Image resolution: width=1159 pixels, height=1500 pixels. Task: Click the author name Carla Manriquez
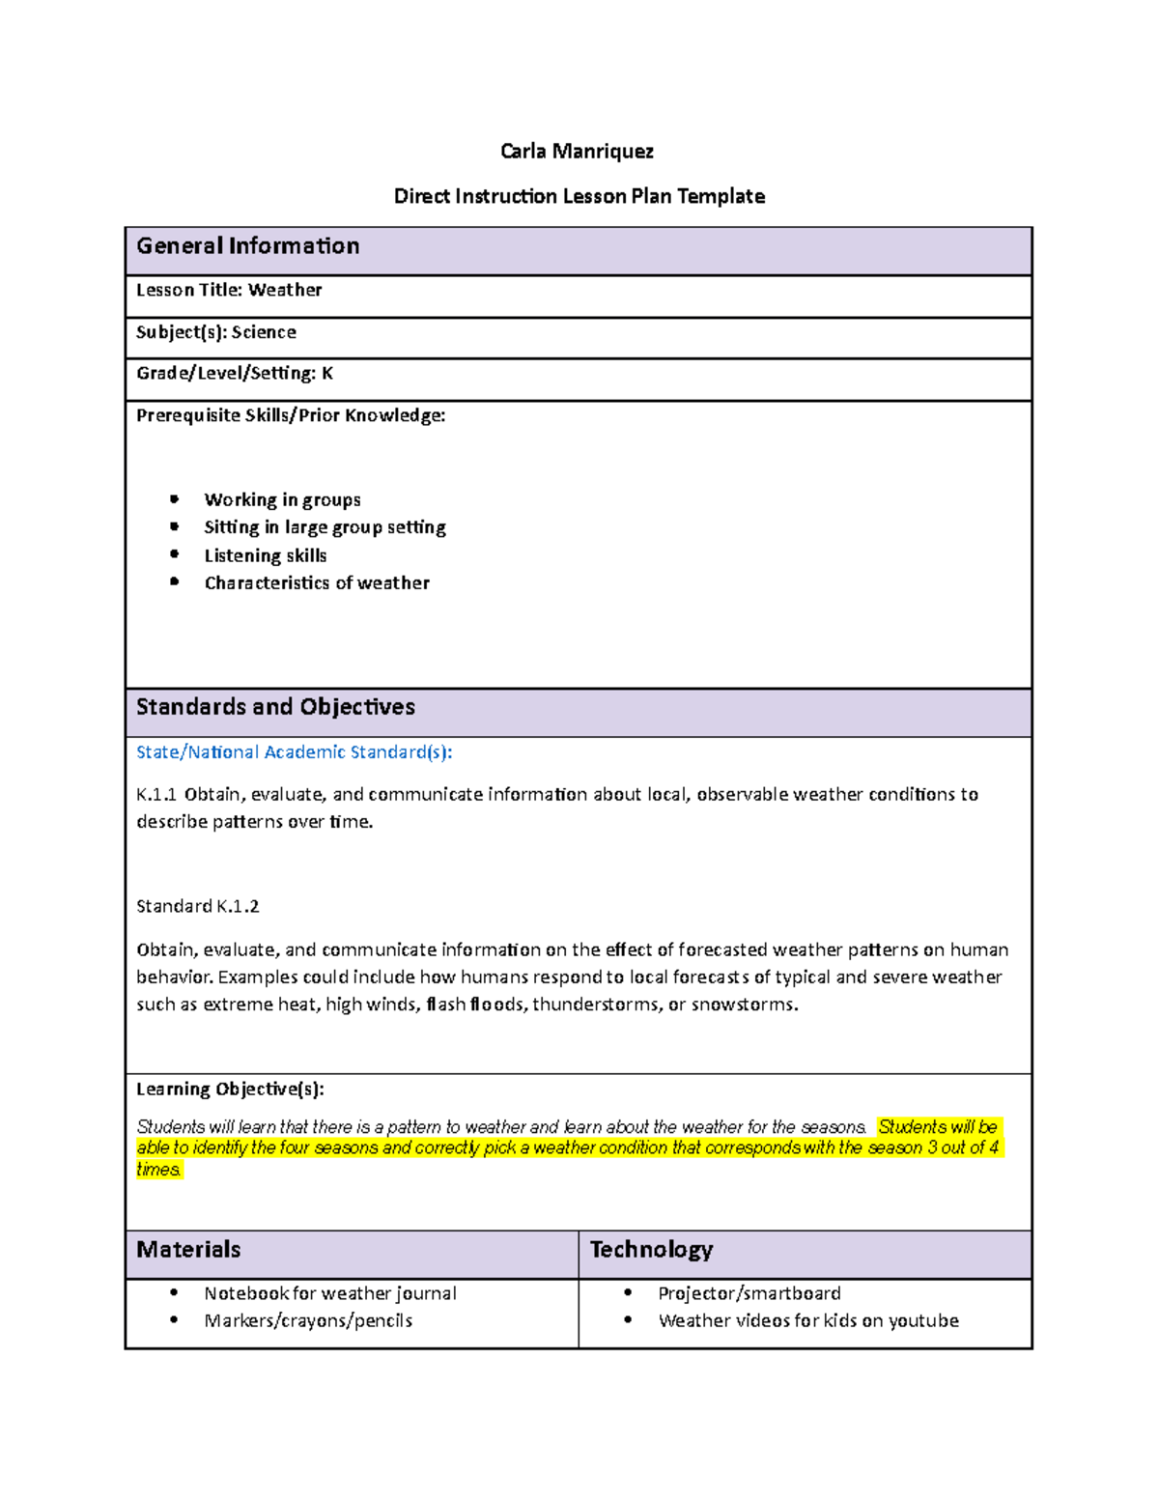tap(577, 152)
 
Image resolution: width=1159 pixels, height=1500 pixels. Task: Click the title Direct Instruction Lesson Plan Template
tap(579, 197)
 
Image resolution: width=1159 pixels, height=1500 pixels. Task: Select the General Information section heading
tap(248, 246)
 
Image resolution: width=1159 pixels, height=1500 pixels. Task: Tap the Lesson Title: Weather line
tap(229, 290)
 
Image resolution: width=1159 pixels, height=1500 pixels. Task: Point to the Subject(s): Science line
tap(216, 332)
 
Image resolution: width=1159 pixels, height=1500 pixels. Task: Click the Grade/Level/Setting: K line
tap(235, 374)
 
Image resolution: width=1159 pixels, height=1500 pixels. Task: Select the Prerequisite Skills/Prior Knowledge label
tap(291, 416)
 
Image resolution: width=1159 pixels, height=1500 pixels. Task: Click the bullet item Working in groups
tap(282, 500)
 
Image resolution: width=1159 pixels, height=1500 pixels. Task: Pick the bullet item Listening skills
tap(266, 556)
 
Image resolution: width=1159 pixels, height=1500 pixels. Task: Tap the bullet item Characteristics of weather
tap(317, 583)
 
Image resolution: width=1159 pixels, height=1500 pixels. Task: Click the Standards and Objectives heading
tap(275, 707)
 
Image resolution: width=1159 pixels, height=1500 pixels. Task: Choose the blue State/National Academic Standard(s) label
tap(294, 752)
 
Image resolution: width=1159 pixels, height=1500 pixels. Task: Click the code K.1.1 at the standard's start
tap(156, 795)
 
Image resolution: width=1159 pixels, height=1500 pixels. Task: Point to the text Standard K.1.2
tap(198, 907)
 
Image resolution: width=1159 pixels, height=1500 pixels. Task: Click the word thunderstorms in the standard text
tap(594, 1005)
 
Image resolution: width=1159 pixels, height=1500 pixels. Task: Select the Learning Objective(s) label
tap(230, 1090)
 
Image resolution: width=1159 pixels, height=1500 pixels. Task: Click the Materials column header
tap(188, 1250)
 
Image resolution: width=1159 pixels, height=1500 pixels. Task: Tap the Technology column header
tap(651, 1250)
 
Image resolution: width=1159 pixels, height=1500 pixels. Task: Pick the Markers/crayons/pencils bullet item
tap(308, 1321)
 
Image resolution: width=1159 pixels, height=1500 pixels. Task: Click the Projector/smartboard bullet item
tap(749, 1293)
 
